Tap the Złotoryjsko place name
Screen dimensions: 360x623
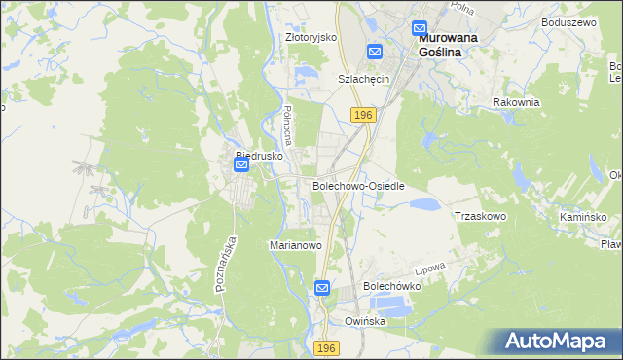click(x=311, y=37)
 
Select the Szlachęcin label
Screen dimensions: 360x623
click(x=363, y=79)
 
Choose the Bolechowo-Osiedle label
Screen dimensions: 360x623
click(x=357, y=185)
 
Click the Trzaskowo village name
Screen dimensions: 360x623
click(x=481, y=216)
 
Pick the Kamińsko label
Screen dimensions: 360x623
click(x=583, y=216)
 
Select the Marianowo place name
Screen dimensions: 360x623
click(x=295, y=246)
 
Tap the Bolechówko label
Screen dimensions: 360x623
click(x=391, y=287)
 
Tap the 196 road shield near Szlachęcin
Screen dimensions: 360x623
click(x=363, y=115)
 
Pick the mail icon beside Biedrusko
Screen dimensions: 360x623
click(x=241, y=166)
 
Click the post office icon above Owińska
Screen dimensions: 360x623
click(x=323, y=288)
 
